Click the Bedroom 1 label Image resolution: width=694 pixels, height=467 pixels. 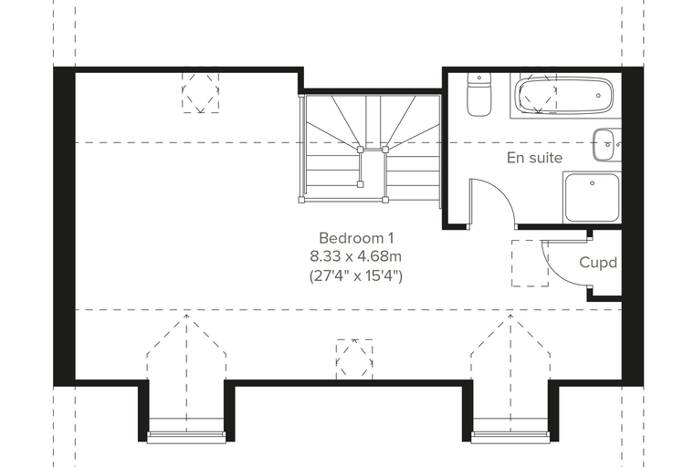pos(356,238)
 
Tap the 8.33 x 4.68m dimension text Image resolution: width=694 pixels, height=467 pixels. pos(356,256)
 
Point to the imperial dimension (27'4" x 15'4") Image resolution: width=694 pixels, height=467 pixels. pos(356,276)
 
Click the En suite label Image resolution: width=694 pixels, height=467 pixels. pos(535,158)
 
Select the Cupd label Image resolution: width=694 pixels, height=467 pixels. pos(598,263)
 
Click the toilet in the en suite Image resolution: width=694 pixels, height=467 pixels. pos(478,95)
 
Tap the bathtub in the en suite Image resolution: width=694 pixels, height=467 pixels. pos(565,95)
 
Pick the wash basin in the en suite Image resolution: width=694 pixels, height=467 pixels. pos(607,145)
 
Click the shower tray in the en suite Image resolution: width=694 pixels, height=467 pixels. pos(592,198)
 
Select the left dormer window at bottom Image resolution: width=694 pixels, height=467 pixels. pos(186,437)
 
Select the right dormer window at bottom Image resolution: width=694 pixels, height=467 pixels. pos(510,437)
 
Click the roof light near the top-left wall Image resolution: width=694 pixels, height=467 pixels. pos(201,92)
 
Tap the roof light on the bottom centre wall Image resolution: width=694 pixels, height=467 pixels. pos(354,359)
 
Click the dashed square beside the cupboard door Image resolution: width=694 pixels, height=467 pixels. pos(530,263)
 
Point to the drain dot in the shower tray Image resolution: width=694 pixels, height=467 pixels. pos(593,183)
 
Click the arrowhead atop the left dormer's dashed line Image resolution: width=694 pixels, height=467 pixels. pos(187,316)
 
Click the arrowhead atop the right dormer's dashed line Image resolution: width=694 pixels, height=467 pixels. pos(510,316)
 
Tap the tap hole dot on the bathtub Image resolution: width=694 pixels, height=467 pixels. pos(598,96)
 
